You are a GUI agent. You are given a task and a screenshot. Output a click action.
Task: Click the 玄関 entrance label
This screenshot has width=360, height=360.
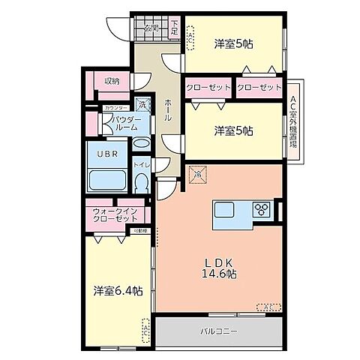(151, 29)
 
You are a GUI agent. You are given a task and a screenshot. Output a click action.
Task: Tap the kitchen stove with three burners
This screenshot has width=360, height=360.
(263, 208)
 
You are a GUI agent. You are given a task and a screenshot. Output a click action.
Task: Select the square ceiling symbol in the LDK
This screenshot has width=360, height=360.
(198, 173)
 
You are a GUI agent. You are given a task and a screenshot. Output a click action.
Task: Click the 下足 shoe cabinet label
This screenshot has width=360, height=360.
(174, 27)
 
